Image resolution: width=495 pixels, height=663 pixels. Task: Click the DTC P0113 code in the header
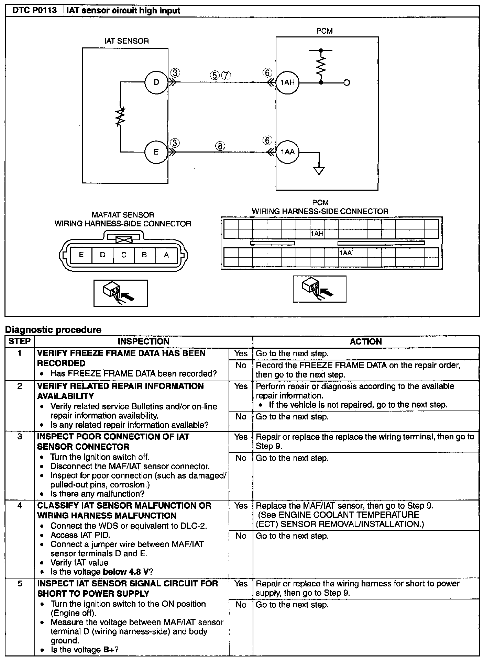click(x=34, y=11)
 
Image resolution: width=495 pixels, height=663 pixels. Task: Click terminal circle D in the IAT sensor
click(x=156, y=82)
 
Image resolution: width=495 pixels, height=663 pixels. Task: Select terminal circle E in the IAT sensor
click(x=156, y=152)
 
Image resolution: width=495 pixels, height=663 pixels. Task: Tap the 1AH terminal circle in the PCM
click(x=287, y=82)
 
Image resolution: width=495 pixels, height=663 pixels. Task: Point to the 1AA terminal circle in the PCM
click(x=287, y=152)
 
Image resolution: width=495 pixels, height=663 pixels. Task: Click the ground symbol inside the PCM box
click(x=319, y=170)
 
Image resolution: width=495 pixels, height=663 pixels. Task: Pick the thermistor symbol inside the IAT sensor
click(x=121, y=117)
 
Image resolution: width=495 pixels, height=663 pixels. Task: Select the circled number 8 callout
click(x=220, y=146)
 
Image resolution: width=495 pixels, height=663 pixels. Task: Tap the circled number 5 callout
click(x=214, y=76)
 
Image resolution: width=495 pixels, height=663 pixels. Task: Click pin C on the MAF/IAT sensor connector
click(x=124, y=255)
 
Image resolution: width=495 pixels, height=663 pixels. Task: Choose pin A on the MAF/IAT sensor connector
click(x=166, y=255)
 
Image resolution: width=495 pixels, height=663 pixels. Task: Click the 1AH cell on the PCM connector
click(x=317, y=234)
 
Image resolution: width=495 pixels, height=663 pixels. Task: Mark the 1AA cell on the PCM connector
click(x=345, y=253)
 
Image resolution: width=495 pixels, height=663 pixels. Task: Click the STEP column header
click(x=20, y=341)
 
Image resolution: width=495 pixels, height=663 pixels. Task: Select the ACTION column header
click(x=366, y=341)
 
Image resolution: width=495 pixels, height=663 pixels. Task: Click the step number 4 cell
click(x=20, y=506)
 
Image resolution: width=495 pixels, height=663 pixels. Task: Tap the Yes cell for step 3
click(x=241, y=437)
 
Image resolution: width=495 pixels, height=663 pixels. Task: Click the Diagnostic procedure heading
click(x=53, y=330)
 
